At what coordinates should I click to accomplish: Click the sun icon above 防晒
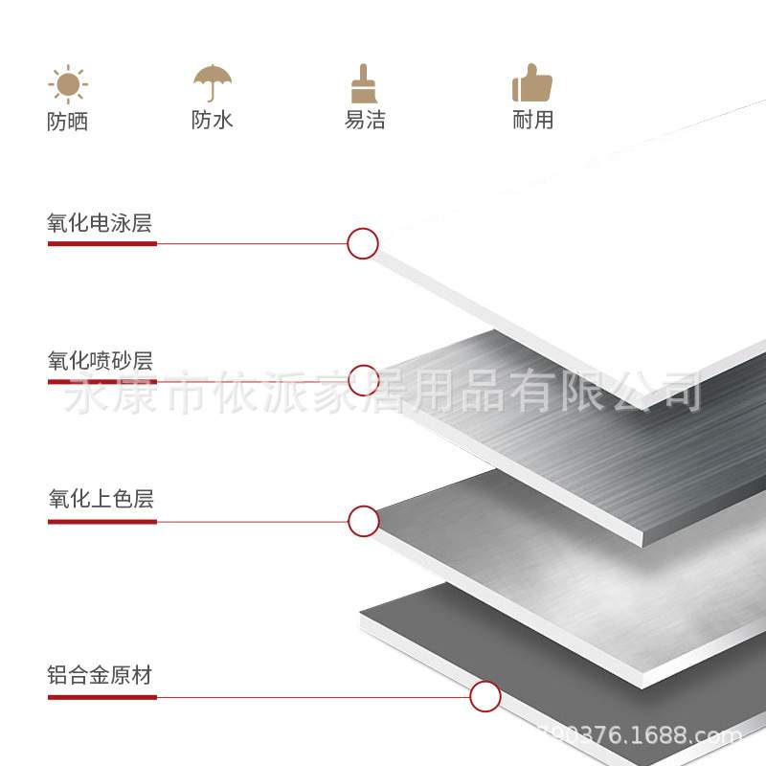tap(67, 84)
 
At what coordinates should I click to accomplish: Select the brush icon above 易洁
tap(361, 84)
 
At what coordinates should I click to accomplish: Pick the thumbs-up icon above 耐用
tap(532, 83)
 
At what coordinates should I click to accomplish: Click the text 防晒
tap(67, 122)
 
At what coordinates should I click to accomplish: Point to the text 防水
tap(212, 120)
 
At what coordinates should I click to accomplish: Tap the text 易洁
tap(365, 120)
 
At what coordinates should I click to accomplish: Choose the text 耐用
tap(533, 120)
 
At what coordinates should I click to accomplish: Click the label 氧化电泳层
tap(100, 223)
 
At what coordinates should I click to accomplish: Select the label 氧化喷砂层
tap(100, 361)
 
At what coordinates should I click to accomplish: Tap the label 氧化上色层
tap(100, 499)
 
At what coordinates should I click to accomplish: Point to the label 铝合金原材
tap(100, 675)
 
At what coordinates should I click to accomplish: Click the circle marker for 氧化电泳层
tap(363, 243)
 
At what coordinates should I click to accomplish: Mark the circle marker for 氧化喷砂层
tap(364, 380)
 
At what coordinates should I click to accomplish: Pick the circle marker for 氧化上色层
tap(364, 521)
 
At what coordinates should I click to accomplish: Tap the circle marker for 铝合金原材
tap(485, 696)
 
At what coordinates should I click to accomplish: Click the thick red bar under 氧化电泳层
tap(101, 243)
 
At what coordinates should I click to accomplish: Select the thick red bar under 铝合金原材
tap(101, 696)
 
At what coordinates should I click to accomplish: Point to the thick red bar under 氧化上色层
tap(101, 521)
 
